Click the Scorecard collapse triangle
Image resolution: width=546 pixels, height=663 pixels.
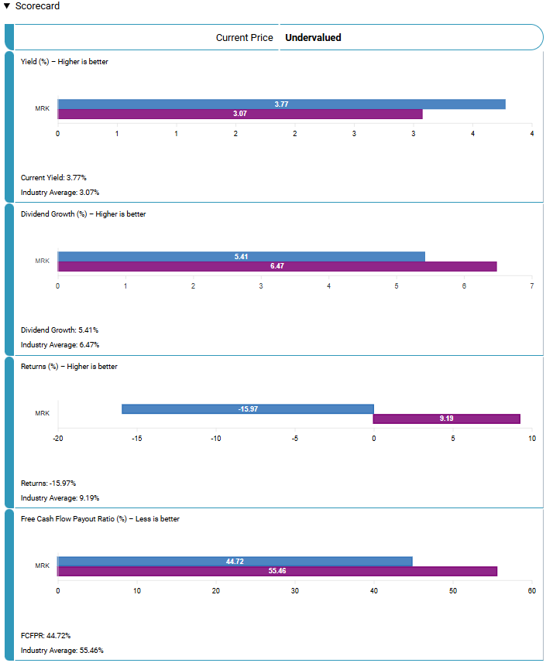click(8, 6)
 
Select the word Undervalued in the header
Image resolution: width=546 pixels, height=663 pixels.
click(313, 37)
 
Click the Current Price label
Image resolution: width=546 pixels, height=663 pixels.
click(245, 37)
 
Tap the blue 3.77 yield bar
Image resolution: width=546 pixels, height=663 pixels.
click(281, 104)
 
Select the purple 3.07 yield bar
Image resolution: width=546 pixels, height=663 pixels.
click(240, 114)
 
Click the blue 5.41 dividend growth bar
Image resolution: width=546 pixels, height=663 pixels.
click(241, 256)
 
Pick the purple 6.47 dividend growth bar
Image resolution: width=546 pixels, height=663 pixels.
click(276, 267)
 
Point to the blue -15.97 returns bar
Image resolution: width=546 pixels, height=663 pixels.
click(248, 408)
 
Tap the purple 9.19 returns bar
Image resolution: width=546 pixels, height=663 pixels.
click(446, 419)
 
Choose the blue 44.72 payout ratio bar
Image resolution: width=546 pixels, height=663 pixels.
click(235, 561)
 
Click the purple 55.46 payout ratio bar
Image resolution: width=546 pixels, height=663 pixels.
click(276, 572)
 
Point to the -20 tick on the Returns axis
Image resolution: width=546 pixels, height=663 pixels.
click(58, 439)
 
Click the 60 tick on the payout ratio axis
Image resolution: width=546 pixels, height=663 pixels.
click(531, 591)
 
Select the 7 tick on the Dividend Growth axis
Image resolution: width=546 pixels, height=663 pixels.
click(531, 286)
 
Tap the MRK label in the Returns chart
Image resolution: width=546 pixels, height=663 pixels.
click(42, 413)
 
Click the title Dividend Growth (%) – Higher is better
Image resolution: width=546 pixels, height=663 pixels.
click(83, 214)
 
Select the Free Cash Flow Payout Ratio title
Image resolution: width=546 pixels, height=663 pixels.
click(100, 519)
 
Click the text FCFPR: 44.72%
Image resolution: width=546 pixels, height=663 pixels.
click(46, 635)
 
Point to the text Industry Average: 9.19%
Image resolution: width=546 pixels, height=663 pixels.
click(60, 498)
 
